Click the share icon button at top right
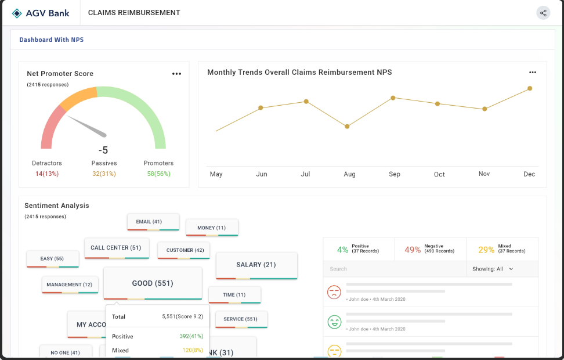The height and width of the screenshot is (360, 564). pos(543,13)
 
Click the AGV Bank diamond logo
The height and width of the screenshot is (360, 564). pos(17,13)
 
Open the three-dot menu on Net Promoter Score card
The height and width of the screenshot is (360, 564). pos(176,74)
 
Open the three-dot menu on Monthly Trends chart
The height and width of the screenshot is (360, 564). pos(533,73)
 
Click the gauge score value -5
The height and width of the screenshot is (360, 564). pos(103,150)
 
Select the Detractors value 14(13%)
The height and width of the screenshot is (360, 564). pos(47,174)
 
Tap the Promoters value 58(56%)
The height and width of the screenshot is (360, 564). pos(158,174)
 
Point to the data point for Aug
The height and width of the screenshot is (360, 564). pos(347,126)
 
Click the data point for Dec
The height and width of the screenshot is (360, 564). pos(530,89)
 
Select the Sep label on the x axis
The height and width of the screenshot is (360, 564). pos(395,174)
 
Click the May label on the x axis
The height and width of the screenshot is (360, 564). pos(216,174)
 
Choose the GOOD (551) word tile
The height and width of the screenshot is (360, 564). pos(153,283)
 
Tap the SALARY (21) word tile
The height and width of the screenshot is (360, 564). pos(256,265)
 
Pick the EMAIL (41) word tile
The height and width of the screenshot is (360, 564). pos(149,222)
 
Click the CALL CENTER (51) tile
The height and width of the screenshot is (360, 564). pos(116,248)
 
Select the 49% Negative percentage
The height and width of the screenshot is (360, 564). pos(413,250)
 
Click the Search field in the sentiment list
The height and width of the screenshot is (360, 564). pos(395,269)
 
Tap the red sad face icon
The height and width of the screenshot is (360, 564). pos(334,292)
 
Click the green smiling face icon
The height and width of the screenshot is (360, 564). pos(334,322)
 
